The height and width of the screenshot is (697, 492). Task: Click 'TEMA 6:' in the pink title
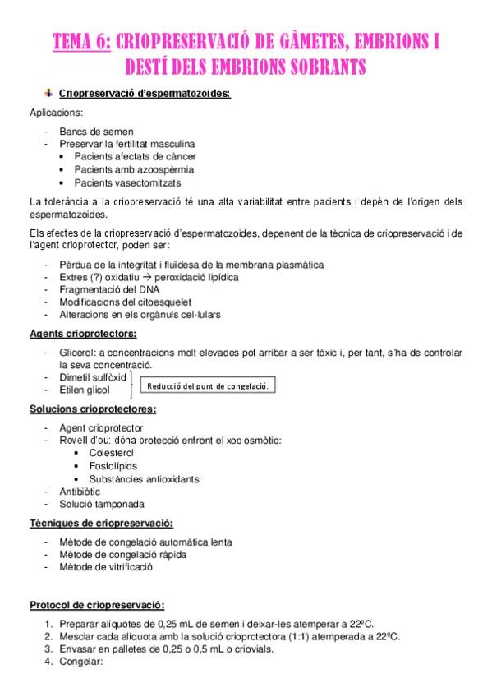81,41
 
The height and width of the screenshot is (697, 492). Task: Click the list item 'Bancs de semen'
96,132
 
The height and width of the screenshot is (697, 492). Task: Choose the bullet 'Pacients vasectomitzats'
127,182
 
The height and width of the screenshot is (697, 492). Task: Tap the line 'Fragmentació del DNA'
109,290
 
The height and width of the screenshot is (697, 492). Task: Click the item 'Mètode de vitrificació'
106,567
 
